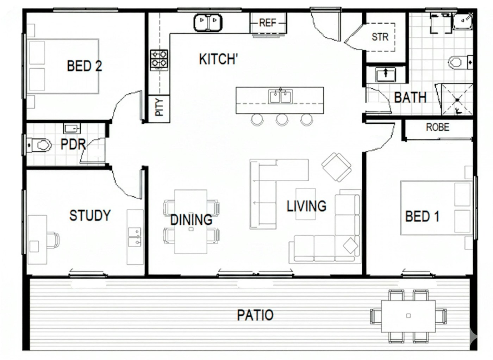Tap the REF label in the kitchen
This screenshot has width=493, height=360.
267,23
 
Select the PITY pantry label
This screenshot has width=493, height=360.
159,107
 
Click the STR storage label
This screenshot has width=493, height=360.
380,37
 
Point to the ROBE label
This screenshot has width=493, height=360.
437,127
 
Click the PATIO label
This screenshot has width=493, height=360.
255,315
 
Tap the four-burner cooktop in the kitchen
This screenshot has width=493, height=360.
159,60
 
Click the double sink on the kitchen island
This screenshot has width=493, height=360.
280,97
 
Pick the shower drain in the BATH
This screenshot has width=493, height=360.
457,100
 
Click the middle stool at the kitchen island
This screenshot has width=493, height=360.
282,120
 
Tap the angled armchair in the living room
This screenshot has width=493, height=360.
336,167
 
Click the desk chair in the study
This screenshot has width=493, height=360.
53,240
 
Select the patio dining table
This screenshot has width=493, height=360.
408,316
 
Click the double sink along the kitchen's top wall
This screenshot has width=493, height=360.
208,22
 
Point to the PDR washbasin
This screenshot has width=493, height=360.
72,128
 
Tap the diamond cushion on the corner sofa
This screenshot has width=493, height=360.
350,246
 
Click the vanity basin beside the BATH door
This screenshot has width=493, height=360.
386,74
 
